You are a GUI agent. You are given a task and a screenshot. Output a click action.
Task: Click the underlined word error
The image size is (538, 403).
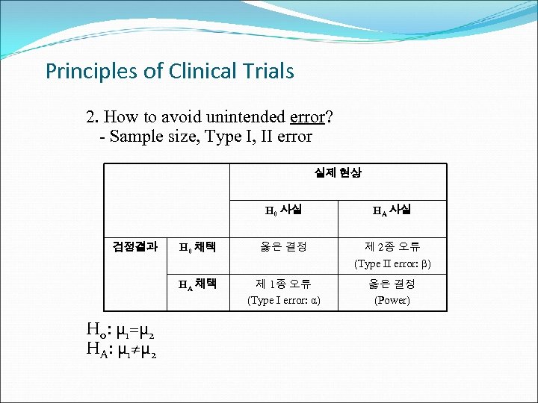[307, 117]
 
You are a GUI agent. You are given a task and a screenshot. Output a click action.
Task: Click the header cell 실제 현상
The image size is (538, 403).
[337, 172]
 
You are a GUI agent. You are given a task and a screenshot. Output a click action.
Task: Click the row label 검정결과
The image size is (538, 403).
[134, 246]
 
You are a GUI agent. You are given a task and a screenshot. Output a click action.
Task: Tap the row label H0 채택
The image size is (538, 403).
[197, 247]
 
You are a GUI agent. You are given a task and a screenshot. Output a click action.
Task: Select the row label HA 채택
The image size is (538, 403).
[197, 284]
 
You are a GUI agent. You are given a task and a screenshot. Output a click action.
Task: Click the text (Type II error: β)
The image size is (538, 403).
[392, 263]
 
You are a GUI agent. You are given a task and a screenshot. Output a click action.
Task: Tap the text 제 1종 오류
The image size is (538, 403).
[283, 284]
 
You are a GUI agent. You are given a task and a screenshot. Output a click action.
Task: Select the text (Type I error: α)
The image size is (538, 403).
[283, 300]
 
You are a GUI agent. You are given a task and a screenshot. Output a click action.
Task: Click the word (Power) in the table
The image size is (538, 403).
[392, 300]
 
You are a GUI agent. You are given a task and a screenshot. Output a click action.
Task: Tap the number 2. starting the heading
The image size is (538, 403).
[92, 117]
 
